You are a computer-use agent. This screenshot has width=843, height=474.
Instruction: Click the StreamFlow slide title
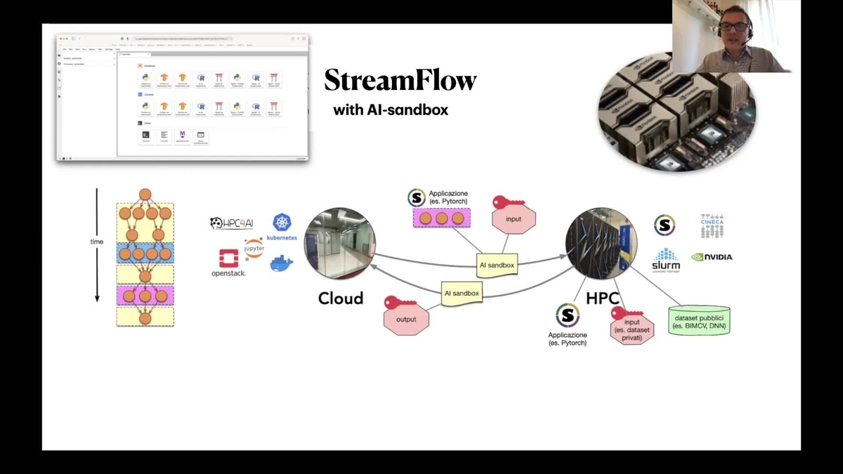pos(400,81)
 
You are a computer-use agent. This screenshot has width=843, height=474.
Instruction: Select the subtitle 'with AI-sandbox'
pos(390,110)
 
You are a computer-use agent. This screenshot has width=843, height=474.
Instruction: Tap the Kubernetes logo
pos(282,227)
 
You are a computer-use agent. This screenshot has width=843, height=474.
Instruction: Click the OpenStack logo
pos(228,263)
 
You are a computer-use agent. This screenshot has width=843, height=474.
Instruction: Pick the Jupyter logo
pos(254,248)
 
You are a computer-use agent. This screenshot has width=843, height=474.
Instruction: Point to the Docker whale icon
pos(282,263)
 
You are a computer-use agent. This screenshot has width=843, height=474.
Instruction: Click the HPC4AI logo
pos(231,223)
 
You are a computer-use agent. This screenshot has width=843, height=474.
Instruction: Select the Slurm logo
pos(665,259)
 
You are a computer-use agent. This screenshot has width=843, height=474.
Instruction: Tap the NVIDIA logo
pos(712,257)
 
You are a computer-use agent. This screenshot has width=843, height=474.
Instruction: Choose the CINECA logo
pos(712,225)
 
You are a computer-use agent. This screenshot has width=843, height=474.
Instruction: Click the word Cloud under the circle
pos(341,298)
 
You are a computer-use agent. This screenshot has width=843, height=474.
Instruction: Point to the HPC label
pos(602,298)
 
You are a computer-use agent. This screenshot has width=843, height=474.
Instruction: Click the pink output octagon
pos(406,319)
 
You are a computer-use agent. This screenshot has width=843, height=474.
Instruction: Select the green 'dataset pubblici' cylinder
pos(698,320)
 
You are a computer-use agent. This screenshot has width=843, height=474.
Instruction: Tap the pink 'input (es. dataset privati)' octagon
pos(632,326)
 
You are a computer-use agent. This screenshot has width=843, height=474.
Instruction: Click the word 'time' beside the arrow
pos(96,242)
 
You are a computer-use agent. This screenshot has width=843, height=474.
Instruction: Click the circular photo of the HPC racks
pos(601,243)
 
